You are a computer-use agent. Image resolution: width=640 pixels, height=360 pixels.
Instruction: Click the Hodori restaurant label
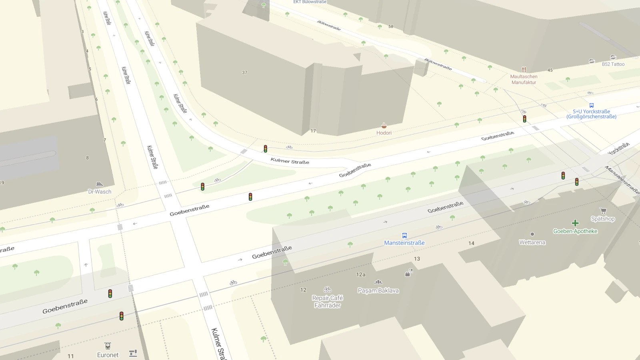[x=384, y=133]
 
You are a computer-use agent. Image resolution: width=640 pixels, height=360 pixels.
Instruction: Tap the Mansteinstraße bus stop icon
[x=404, y=236]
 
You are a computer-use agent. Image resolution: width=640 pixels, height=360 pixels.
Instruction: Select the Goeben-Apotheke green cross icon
[x=575, y=223]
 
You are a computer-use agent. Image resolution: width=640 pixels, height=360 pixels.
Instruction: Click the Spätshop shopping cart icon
[x=603, y=211]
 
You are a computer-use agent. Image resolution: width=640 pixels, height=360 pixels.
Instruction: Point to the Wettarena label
[x=532, y=242]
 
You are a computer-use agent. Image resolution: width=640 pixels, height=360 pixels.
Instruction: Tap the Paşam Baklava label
[x=378, y=290]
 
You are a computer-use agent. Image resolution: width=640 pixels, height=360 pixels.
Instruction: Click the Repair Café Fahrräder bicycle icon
[x=327, y=289]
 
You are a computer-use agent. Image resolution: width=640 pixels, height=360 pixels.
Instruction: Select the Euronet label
[x=108, y=355]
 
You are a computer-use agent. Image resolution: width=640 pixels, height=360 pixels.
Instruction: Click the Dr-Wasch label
[x=100, y=192]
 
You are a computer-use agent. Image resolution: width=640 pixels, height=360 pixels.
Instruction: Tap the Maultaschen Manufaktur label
[x=524, y=79]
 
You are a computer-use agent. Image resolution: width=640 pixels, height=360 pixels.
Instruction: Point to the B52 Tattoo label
[x=613, y=64]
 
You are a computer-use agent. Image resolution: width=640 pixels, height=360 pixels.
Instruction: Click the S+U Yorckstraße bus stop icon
[x=591, y=106]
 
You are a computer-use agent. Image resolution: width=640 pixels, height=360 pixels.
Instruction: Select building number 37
[x=244, y=72]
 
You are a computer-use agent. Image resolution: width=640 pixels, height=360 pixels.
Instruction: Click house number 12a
[x=360, y=274]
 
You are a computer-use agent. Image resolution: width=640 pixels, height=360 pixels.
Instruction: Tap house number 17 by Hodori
[x=313, y=131]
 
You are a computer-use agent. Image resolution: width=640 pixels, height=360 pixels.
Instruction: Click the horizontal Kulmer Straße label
[x=290, y=161]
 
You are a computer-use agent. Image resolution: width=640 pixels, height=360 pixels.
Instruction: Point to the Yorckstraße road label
[x=618, y=148]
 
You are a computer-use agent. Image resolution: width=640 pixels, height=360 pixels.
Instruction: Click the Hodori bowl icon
[x=384, y=126]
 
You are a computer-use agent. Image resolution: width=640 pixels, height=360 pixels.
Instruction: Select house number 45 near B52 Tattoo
[x=550, y=70]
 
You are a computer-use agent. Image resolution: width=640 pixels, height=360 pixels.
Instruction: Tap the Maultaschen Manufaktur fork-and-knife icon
[x=524, y=69]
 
